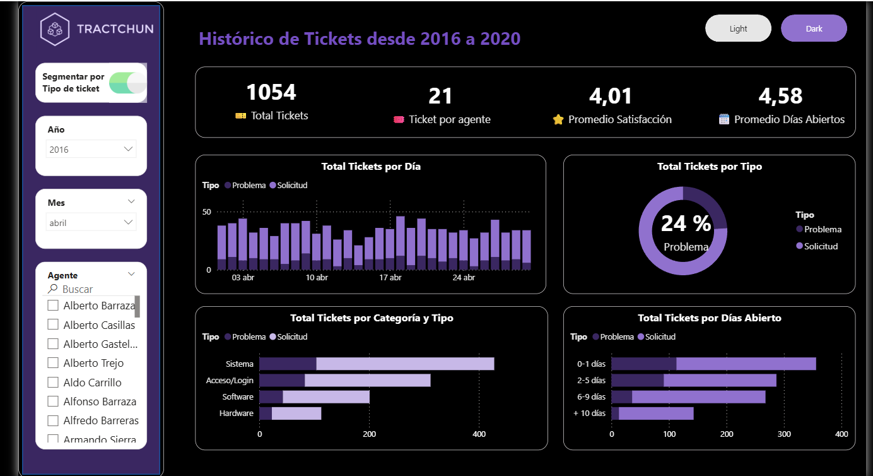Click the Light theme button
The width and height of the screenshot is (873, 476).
pyautogui.click(x=738, y=28)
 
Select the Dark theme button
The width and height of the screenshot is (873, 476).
pyautogui.click(x=814, y=28)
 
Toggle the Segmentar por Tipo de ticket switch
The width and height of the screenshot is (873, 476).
pyautogui.click(x=128, y=83)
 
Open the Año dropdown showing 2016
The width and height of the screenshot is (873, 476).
pyautogui.click(x=91, y=150)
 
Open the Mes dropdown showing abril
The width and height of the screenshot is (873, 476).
pyautogui.click(x=91, y=223)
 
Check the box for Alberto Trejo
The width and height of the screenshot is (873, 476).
pyautogui.click(x=53, y=363)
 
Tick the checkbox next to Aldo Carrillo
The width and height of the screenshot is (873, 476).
pyautogui.click(x=53, y=383)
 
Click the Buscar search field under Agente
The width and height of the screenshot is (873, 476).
pyautogui.click(x=88, y=289)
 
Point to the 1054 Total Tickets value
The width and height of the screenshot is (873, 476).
pyautogui.click(x=271, y=93)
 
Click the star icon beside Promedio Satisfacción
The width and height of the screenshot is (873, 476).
pyautogui.click(x=558, y=119)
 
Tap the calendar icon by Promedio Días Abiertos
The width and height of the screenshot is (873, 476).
pyautogui.click(x=724, y=119)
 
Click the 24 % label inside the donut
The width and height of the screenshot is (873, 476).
pyautogui.click(x=686, y=223)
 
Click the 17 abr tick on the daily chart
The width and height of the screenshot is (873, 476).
pyautogui.click(x=390, y=278)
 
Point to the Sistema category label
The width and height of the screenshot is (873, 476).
pyautogui.click(x=239, y=364)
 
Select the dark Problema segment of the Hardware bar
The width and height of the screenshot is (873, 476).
pyautogui.click(x=266, y=414)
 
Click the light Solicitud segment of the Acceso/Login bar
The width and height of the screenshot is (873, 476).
pyautogui.click(x=367, y=381)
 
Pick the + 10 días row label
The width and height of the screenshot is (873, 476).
pyautogui.click(x=589, y=414)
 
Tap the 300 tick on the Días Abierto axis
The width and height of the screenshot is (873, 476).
pyautogui.click(x=784, y=434)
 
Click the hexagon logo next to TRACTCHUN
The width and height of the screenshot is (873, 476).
pyautogui.click(x=55, y=29)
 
